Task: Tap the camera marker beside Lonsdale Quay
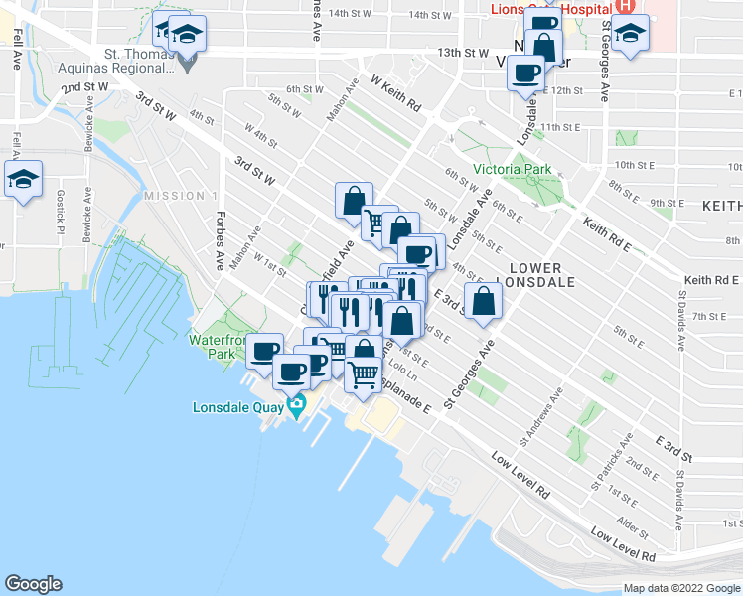tap(297, 405)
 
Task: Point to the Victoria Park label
tap(512, 169)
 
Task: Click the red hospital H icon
tap(626, 5)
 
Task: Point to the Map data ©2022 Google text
tap(681, 588)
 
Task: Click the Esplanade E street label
tap(406, 398)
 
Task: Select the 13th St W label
tap(464, 52)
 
